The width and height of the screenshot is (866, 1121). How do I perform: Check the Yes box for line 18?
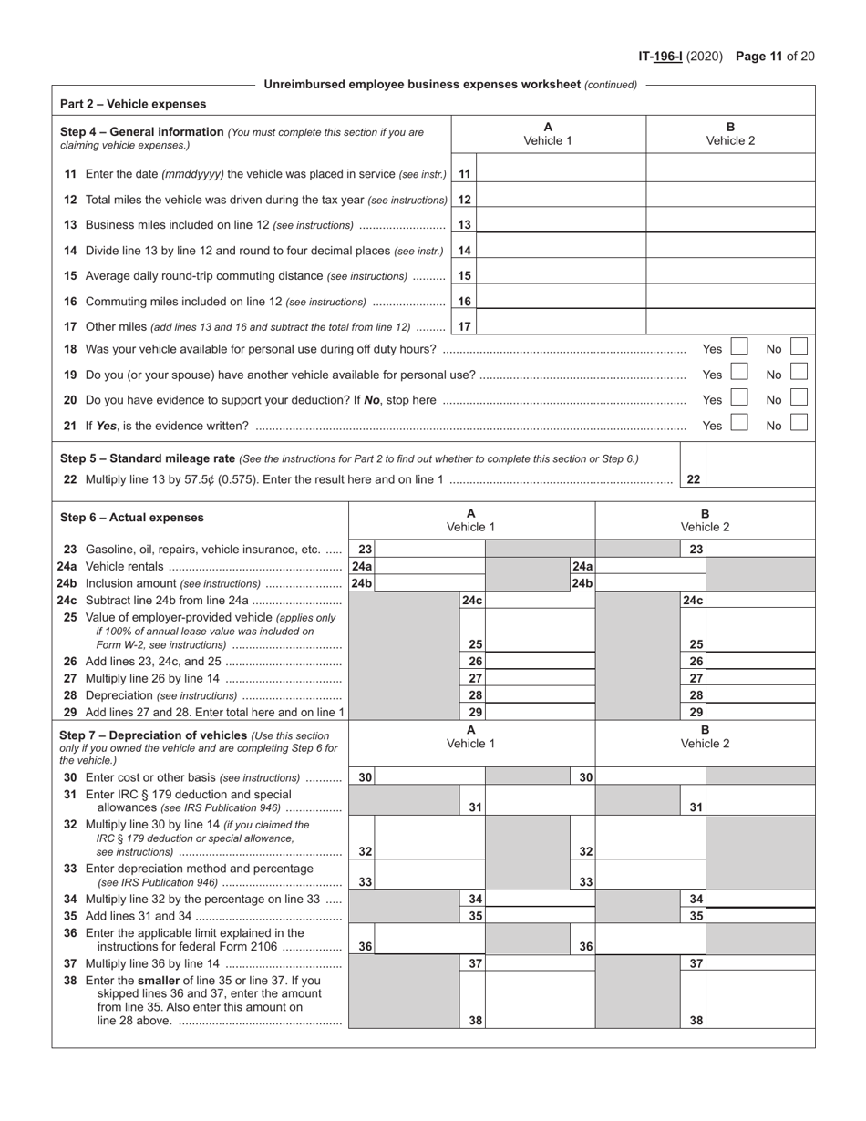click(740, 347)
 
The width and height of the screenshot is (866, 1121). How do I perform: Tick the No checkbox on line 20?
click(799, 398)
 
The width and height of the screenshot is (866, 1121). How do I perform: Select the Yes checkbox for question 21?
click(740, 424)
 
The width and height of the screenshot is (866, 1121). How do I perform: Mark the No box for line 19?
click(799, 373)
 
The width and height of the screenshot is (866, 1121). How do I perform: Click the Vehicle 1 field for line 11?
click(561, 173)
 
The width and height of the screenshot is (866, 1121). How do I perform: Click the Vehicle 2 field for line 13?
click(730, 224)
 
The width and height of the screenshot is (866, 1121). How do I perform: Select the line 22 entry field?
click(759, 479)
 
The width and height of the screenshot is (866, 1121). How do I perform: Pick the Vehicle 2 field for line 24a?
click(651, 566)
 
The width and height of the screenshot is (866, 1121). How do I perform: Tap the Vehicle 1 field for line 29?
click(541, 712)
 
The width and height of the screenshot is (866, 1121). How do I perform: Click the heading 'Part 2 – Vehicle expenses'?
click(133, 104)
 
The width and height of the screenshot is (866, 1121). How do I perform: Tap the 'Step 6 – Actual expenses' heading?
click(132, 518)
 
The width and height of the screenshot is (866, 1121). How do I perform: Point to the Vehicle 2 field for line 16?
click(730, 301)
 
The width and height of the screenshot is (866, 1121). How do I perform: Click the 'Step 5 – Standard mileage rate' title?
click(148, 458)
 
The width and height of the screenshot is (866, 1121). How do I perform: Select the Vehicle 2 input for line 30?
click(651, 777)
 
